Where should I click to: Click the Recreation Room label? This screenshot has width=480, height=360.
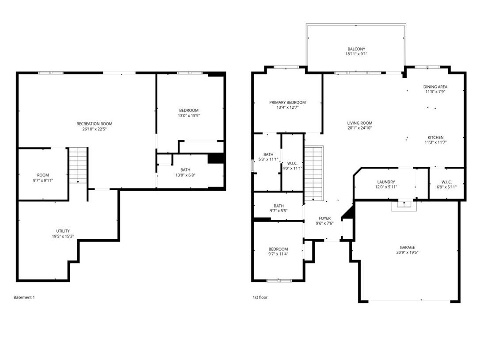click(94, 124)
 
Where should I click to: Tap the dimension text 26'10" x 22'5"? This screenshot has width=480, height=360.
click(94, 130)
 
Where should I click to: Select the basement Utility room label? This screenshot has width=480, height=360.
click(62, 231)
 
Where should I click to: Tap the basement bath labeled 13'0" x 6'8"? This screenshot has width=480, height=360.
click(185, 172)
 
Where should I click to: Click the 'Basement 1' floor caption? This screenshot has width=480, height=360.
click(24, 297)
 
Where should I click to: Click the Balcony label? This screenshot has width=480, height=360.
click(356, 49)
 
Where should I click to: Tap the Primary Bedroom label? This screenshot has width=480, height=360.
click(287, 102)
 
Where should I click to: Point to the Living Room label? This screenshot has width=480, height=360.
click(359, 123)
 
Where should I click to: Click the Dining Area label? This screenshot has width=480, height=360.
click(435, 87)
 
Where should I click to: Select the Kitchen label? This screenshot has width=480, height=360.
click(435, 138)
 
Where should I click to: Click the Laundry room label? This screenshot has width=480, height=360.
click(386, 182)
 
